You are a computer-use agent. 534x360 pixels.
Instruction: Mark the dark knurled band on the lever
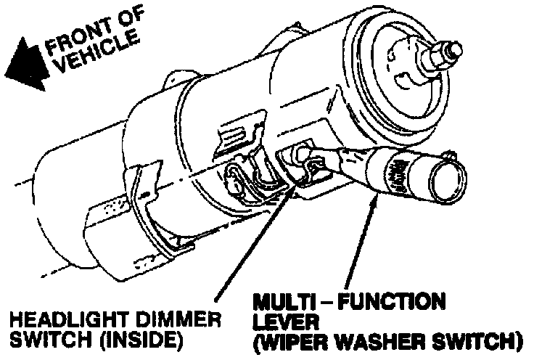396,175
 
